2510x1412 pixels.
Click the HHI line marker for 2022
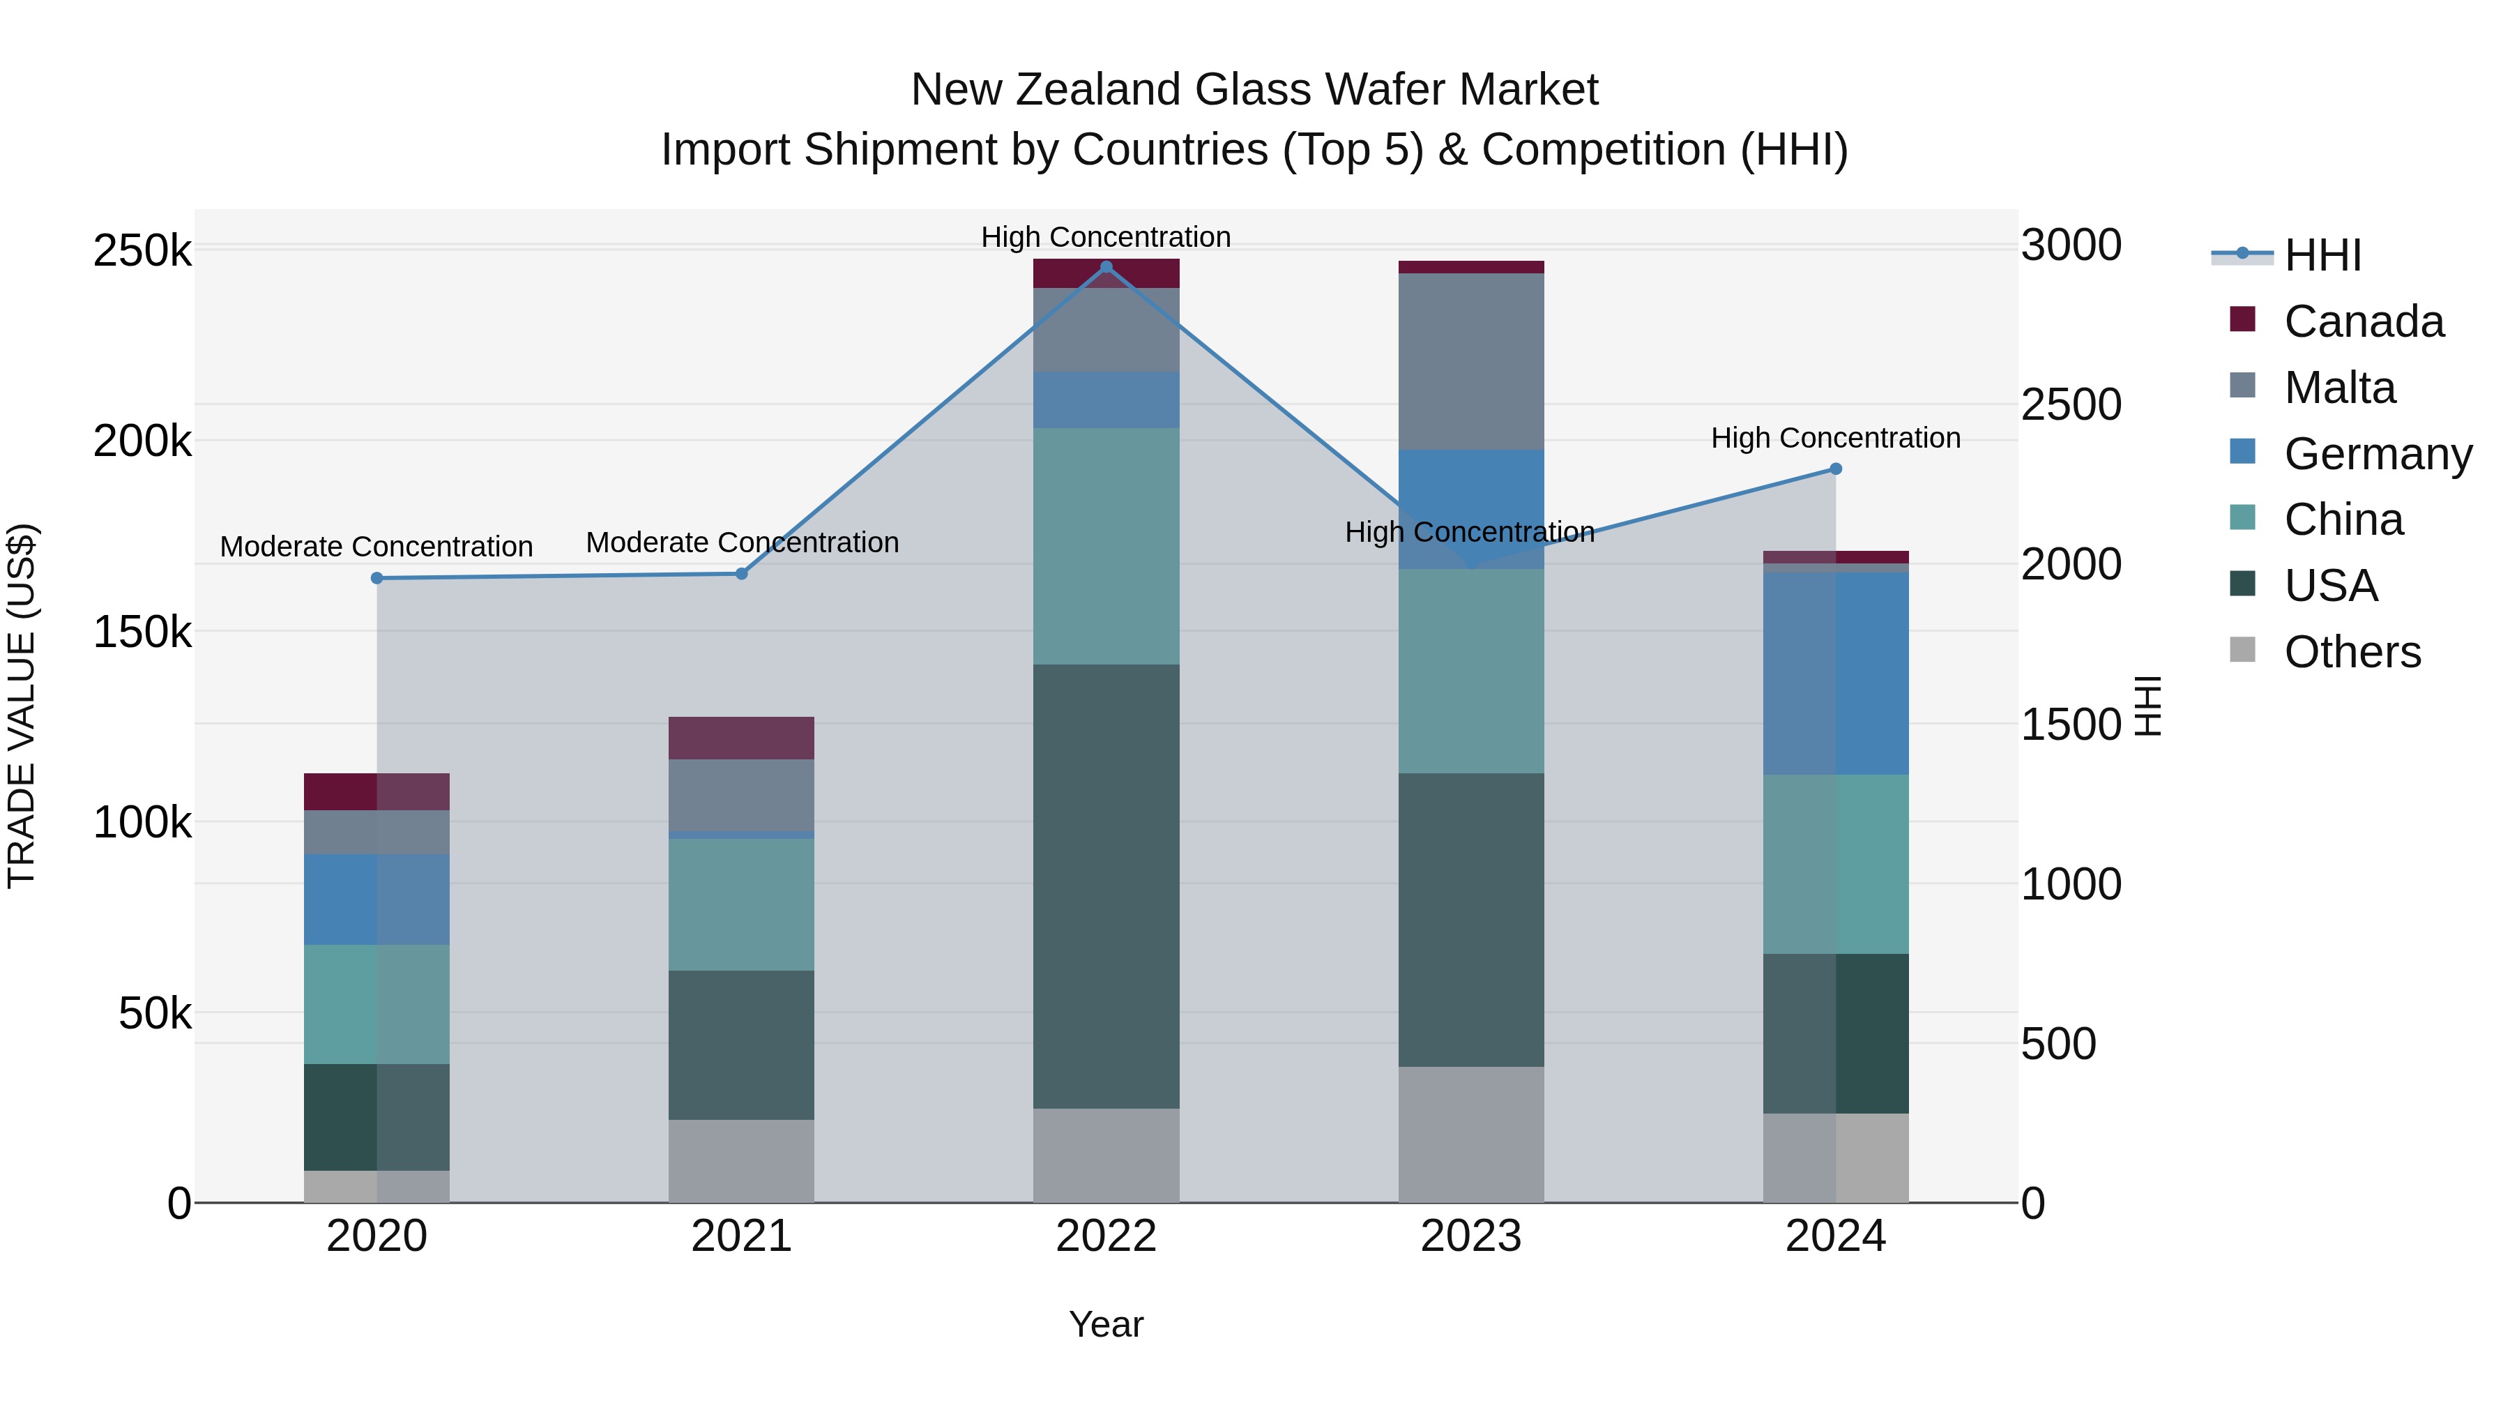click(x=1106, y=267)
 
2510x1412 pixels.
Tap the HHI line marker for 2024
click(x=1836, y=469)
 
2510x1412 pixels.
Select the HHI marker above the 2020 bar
click(x=377, y=578)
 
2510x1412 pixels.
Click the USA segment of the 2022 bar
click(x=1106, y=887)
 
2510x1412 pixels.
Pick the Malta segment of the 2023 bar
click(x=1471, y=360)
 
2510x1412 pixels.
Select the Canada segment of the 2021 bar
click(x=742, y=738)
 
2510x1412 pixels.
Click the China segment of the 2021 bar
click(x=742, y=904)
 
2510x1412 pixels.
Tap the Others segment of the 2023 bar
click(x=1471, y=1134)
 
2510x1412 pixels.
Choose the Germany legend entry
click(x=2377, y=454)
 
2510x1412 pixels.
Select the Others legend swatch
click(x=2242, y=650)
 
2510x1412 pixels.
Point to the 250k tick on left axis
click(x=142, y=252)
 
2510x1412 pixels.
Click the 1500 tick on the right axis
click(x=2071, y=724)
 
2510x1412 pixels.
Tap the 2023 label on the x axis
click(x=1471, y=1236)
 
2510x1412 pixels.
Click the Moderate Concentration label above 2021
click(x=742, y=542)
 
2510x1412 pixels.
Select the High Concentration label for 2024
click(x=1836, y=439)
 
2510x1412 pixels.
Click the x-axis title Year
click(x=1106, y=1324)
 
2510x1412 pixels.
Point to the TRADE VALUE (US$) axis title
click(x=22, y=706)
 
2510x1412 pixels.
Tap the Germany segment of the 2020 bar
click(x=377, y=899)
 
